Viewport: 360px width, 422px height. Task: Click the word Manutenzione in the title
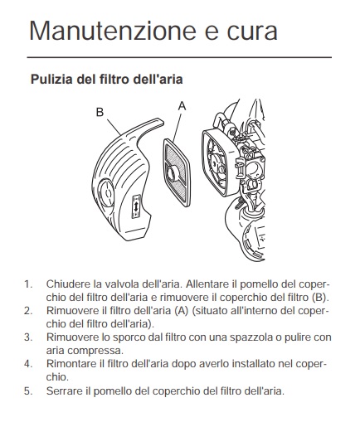(114, 30)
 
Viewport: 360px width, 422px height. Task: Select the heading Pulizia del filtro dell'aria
(107, 80)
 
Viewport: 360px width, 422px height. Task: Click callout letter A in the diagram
(182, 106)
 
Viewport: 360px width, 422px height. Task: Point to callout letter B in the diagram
(100, 112)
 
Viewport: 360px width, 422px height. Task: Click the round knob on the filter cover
(106, 192)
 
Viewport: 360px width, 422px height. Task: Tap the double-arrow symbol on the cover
(136, 206)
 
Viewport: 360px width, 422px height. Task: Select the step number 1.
(28, 284)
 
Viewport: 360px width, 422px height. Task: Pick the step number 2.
(28, 311)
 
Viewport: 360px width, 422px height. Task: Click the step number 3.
(28, 337)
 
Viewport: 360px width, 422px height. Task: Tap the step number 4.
(28, 364)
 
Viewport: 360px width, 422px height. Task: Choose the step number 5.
(28, 391)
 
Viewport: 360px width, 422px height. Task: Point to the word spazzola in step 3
(250, 337)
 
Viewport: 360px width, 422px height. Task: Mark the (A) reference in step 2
(182, 311)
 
